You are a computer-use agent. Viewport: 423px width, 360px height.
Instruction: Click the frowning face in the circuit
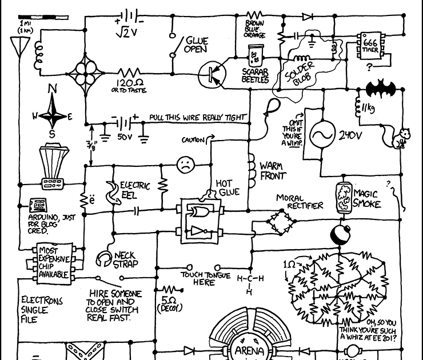184,165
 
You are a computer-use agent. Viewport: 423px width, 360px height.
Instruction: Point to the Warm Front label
272,170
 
